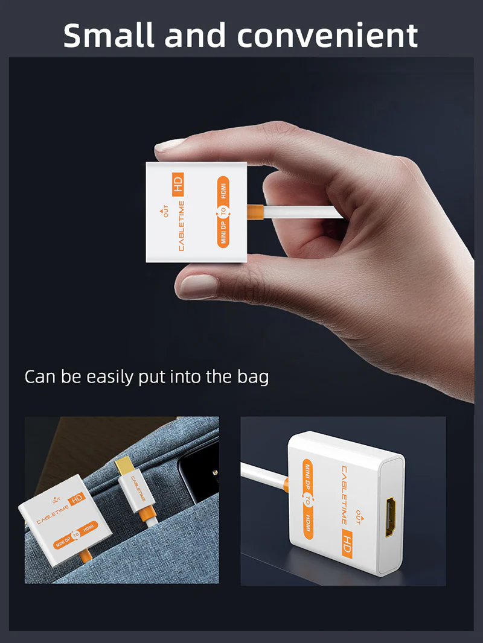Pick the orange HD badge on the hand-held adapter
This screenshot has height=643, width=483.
point(178,185)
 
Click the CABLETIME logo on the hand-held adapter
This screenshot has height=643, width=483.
point(181,226)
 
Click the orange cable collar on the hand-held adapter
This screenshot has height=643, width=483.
point(254,212)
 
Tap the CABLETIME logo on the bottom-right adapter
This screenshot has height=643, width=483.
point(344,495)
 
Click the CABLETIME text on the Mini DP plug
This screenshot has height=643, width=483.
point(138,488)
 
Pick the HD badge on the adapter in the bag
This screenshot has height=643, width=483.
point(77,499)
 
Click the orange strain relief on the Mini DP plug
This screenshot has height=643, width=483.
point(147,515)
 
